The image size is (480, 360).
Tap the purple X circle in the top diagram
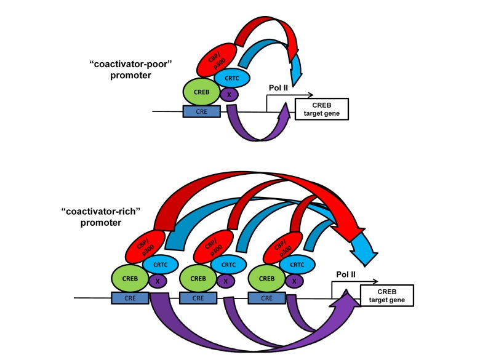pyautogui.click(x=229, y=95)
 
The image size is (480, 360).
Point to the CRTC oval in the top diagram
pyautogui.click(x=232, y=78)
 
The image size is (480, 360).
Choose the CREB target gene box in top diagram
pyautogui.click(x=322, y=108)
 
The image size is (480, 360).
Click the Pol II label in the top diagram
pyautogui.click(x=277, y=87)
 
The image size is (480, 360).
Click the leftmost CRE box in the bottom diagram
pyautogui.click(x=131, y=298)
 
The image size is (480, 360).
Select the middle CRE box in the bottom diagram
pyautogui.click(x=199, y=298)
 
